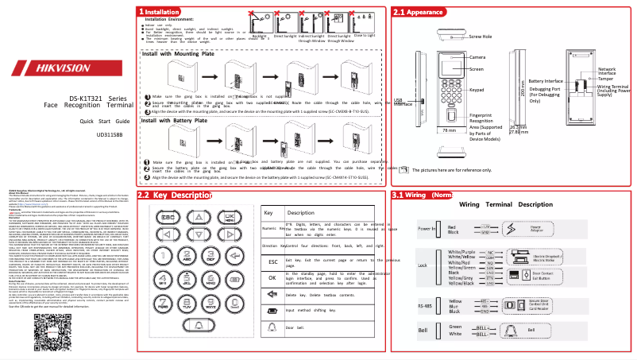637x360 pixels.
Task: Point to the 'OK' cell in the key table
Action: pyautogui.click(x=272, y=300)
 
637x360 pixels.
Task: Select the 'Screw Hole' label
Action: pyautogui.click(x=481, y=37)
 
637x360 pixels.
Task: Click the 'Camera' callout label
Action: pyautogui.click(x=477, y=58)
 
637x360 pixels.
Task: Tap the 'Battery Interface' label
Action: pyautogui.click(x=546, y=81)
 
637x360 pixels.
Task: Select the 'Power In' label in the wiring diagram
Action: pyautogui.click(x=427, y=229)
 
